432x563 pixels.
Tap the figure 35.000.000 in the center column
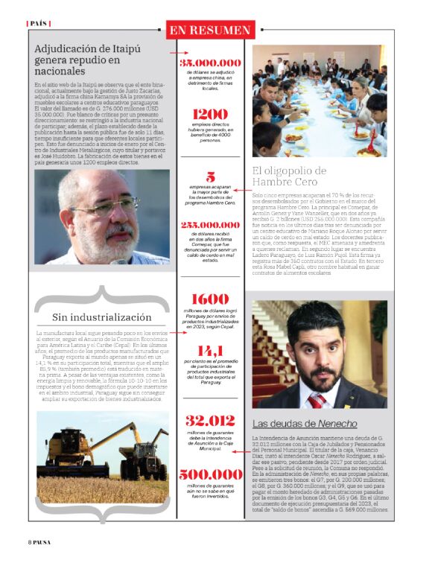pyautogui.click(x=210, y=63)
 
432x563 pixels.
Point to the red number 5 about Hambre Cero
pyautogui.click(x=210, y=178)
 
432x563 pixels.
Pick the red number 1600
pyautogui.click(x=210, y=299)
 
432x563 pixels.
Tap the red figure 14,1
pyautogui.click(x=210, y=350)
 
